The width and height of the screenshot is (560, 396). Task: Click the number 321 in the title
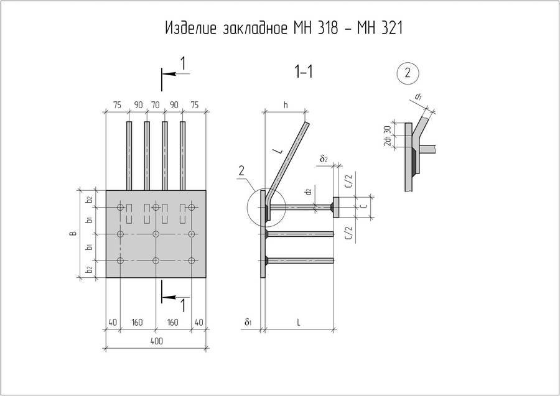[x=381, y=29]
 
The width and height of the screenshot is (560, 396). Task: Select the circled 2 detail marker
[x=408, y=73]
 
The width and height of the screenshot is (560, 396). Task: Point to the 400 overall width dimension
[x=155, y=342]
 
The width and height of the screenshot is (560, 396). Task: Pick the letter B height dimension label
[x=73, y=233]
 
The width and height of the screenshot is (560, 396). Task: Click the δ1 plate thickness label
[x=248, y=321]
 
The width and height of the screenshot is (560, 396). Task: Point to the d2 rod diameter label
[x=308, y=192]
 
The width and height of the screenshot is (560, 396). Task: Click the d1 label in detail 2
[x=418, y=97]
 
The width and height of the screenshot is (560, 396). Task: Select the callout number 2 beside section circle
[x=241, y=169]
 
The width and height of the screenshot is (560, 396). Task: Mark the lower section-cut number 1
[x=183, y=305]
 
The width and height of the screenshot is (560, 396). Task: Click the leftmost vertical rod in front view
[x=129, y=155]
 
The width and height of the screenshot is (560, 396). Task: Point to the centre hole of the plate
[x=155, y=234]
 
